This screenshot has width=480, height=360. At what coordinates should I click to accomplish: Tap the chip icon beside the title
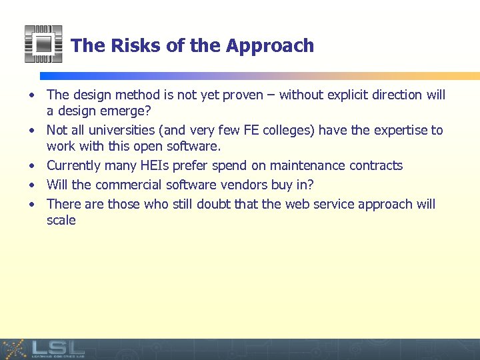coord(43,44)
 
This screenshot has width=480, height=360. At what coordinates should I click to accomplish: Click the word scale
coord(61,221)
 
